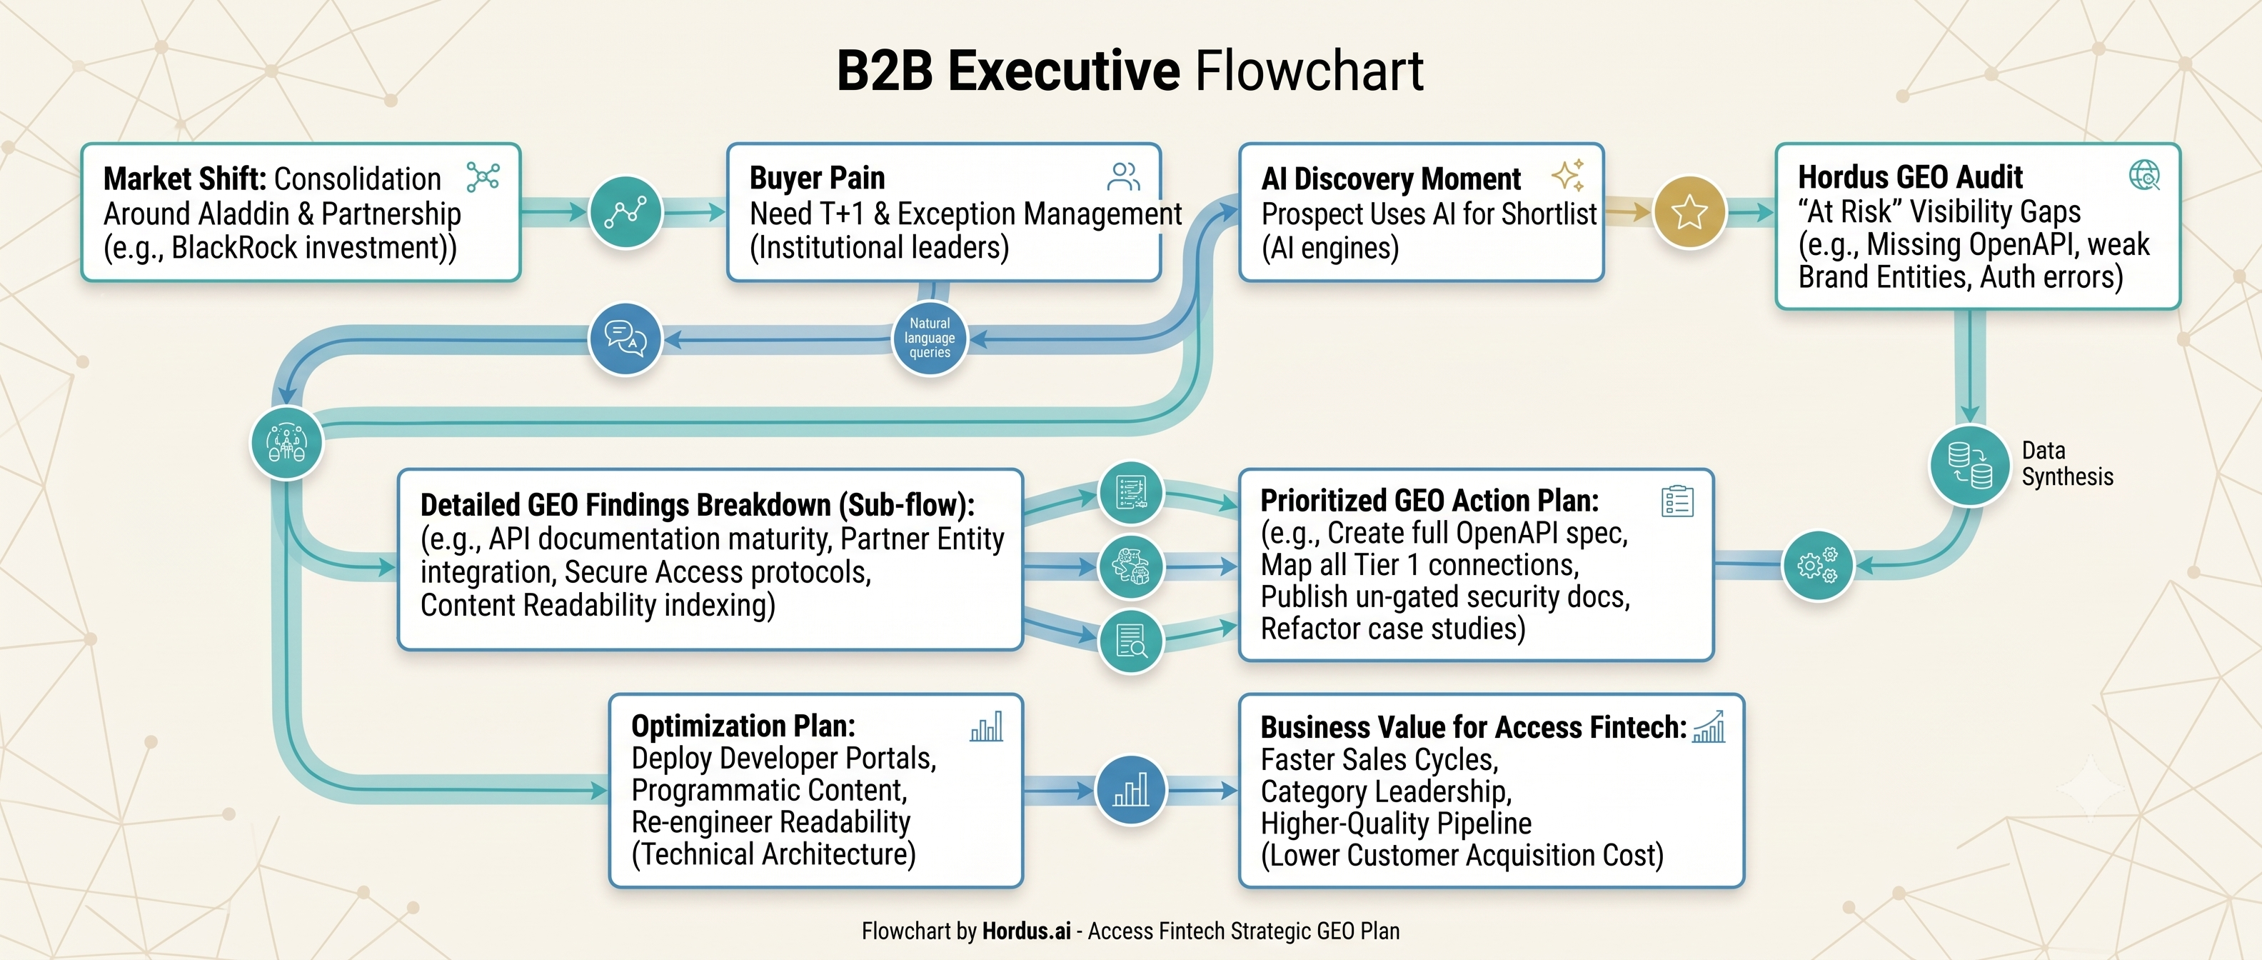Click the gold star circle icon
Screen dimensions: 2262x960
coord(1689,211)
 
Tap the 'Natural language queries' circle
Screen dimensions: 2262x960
coord(929,338)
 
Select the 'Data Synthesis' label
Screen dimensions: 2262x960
coord(2067,464)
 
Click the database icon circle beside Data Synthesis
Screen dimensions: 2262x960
coord(1969,464)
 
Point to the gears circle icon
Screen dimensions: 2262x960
coord(1818,566)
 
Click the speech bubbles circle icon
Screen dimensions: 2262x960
coord(625,338)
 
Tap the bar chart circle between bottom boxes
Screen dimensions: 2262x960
coord(1131,789)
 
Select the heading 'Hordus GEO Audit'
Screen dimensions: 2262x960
coord(1910,176)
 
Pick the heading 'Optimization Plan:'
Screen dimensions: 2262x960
coord(743,726)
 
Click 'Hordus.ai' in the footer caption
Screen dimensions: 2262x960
coord(1027,931)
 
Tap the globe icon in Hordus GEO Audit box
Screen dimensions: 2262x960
coord(2144,176)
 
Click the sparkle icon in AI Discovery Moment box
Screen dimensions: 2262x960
coord(1568,175)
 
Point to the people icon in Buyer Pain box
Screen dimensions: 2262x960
coord(1123,176)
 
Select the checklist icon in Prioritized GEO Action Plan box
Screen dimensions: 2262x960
coord(1677,501)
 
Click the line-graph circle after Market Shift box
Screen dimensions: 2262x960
coord(625,211)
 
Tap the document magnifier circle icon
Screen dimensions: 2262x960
coord(1131,640)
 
